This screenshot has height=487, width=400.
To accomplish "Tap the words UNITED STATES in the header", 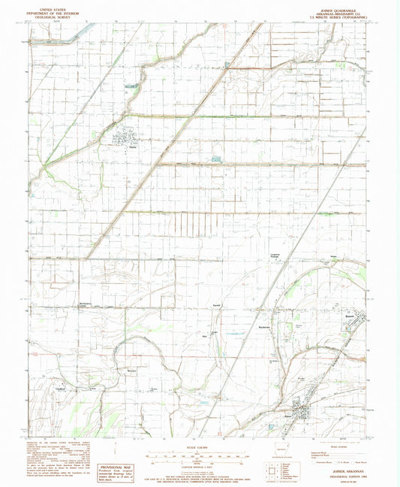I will tap(51, 5).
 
